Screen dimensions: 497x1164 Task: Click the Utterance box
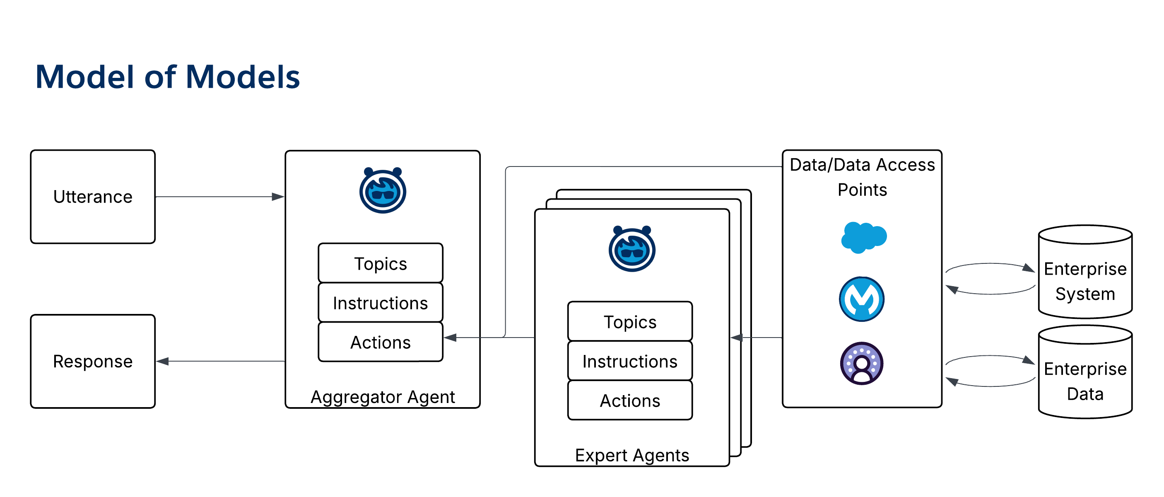[x=93, y=197]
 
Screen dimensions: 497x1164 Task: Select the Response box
[x=93, y=361]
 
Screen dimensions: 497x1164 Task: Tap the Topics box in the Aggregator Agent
[x=381, y=263]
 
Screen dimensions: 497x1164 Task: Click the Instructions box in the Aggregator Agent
[x=381, y=303]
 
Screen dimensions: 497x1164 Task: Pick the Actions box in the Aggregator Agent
[x=381, y=342]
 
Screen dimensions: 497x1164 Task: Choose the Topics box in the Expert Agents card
[x=630, y=322]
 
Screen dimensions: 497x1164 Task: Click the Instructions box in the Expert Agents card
[x=630, y=361]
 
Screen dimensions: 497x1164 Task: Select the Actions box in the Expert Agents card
[x=630, y=400]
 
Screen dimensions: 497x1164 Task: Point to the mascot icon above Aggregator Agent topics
[x=383, y=191]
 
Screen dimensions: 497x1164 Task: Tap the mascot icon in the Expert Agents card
[x=632, y=249]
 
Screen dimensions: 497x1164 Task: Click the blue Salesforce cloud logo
[x=863, y=237]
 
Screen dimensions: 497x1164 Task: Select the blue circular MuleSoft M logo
[x=862, y=299]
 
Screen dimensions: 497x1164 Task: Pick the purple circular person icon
[x=862, y=363]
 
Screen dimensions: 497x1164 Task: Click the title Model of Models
[x=168, y=77]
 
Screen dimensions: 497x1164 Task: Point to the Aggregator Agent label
[x=383, y=397]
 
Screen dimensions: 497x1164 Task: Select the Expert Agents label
[x=632, y=455]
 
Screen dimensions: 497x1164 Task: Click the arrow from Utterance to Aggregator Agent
[x=219, y=197]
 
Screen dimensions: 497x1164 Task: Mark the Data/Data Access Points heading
[x=862, y=177]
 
